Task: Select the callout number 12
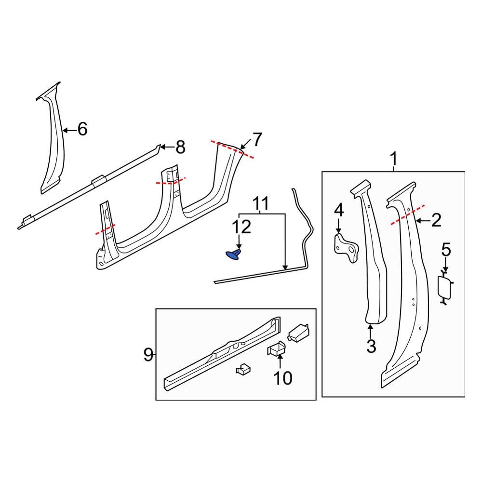tap(242, 226)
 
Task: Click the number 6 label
tap(82, 129)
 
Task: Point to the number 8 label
tap(180, 147)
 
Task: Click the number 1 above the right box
tap(394, 158)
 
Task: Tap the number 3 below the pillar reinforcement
tap(371, 346)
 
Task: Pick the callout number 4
tap(339, 210)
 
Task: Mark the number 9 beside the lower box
tap(148, 355)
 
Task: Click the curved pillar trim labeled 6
tap(53, 145)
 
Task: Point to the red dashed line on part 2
tap(408, 214)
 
